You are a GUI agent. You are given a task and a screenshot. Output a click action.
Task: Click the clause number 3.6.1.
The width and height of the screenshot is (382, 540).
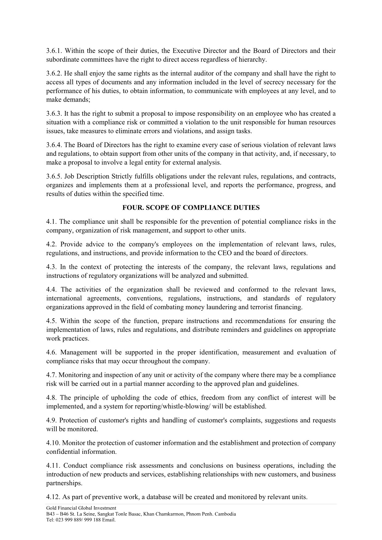tap(54, 51)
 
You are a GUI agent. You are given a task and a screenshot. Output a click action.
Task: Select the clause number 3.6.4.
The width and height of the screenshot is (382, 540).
tap(54, 145)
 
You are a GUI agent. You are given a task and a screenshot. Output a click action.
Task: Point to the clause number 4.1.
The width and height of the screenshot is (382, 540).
tap(51, 222)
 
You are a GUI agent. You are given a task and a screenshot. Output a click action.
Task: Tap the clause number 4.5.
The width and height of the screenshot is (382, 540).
tap(51, 321)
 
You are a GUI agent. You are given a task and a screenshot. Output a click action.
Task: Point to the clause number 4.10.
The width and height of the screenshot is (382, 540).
tap(53, 443)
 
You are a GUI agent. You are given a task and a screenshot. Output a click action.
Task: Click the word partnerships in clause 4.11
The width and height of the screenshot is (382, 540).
tap(64, 483)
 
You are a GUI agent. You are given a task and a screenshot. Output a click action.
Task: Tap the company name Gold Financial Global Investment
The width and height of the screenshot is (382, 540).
tap(81, 508)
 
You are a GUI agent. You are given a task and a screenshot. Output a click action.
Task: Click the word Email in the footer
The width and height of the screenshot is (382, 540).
tap(109, 520)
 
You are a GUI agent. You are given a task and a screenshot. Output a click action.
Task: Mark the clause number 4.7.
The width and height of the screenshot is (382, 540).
tap(51, 375)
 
